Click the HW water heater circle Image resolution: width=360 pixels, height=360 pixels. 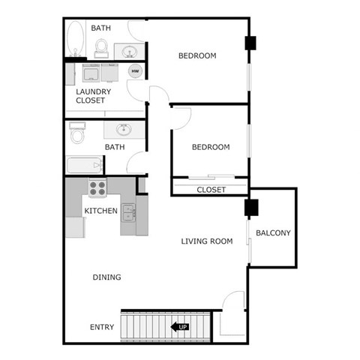pos(136,71)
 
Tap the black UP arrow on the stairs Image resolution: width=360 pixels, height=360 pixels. pos(179,326)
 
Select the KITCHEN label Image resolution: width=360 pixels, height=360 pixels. pos(100,211)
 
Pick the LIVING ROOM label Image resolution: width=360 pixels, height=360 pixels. pos(206,241)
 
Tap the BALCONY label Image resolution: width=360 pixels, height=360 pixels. pos(273,232)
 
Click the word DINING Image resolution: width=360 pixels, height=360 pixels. pos(106,277)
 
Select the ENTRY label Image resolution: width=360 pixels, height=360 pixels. pos(102,327)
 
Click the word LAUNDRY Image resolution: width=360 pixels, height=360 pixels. pos(94,91)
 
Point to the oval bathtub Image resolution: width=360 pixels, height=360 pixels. pos(75,38)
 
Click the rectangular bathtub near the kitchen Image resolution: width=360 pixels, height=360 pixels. pos(84,165)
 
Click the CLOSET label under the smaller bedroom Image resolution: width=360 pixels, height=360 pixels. pos(211,190)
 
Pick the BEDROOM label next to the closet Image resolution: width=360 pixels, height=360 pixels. pos(211,147)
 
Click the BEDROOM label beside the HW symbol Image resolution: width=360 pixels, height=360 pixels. pos(197,55)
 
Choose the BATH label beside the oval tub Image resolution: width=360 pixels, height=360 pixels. pos(101,28)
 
